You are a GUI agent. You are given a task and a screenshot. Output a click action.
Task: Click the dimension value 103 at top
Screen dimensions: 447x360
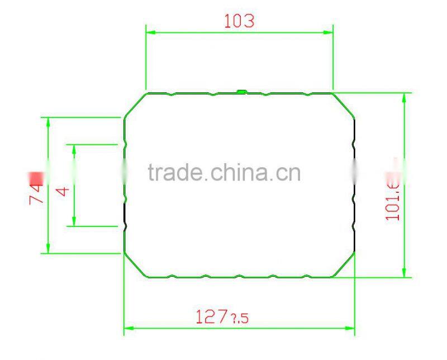pyautogui.click(x=239, y=21)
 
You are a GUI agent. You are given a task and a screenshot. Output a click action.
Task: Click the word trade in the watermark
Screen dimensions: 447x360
pyautogui.click(x=175, y=172)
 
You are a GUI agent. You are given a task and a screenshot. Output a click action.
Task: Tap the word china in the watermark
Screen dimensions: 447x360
pyautogui.click(x=241, y=172)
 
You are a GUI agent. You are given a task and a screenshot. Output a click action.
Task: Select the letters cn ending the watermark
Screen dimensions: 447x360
pyautogui.click(x=291, y=173)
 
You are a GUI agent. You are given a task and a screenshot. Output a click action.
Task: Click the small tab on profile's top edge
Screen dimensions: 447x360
pyautogui.click(x=241, y=91)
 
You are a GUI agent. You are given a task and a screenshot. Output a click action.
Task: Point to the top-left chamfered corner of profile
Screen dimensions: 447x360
pyautogui.click(x=135, y=105)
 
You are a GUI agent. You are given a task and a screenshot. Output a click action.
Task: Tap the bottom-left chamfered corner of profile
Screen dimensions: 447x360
pyautogui.click(x=135, y=265)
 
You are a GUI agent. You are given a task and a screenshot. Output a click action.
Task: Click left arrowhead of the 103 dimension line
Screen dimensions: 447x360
pyautogui.click(x=150, y=32)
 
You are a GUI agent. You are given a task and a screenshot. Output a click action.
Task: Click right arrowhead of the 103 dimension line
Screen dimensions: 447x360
pyautogui.click(x=329, y=32)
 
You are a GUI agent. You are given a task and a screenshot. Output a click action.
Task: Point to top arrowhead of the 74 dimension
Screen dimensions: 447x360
pyautogui.click(x=49, y=121)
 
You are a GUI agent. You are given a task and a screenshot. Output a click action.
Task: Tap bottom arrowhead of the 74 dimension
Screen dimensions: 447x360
pyautogui.click(x=49, y=249)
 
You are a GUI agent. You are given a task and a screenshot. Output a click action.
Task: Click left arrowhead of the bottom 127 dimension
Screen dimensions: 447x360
pyautogui.click(x=128, y=326)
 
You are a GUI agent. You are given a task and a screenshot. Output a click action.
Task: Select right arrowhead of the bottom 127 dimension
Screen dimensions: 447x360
pyautogui.click(x=350, y=326)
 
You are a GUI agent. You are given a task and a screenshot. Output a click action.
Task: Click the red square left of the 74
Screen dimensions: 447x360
pyautogui.click(x=36, y=177)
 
